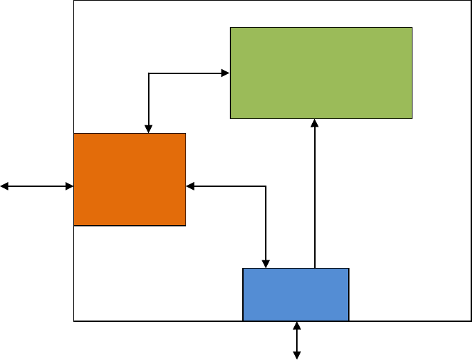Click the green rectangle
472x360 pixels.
coord(321,73)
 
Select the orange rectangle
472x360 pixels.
coord(130,179)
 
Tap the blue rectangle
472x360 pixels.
coord(296,294)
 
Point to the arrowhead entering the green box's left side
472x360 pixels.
coord(226,72)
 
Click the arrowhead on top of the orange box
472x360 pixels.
coord(149,129)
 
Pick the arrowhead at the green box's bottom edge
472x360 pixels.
coord(315,123)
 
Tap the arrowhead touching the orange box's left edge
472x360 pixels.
coord(69,186)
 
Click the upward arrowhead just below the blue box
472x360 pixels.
coord(297,326)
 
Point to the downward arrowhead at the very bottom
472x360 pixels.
coord(297,355)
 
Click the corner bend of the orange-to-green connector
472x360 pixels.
coord(149,72)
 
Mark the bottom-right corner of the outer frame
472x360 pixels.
coord(471,321)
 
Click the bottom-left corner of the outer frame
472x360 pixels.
coord(74,321)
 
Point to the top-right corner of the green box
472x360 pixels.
coord(412,28)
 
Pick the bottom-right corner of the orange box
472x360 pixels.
coord(185,225)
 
